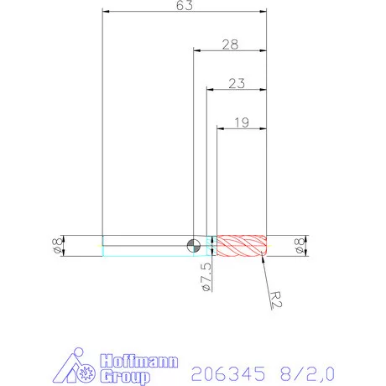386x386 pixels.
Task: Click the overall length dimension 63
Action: (x=185, y=6)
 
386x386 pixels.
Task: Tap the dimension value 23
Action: (x=237, y=83)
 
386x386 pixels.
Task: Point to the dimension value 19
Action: (x=242, y=123)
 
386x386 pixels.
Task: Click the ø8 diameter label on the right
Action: (x=299, y=245)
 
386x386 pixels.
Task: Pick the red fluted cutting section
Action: (x=242, y=245)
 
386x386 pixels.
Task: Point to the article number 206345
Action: (x=226, y=372)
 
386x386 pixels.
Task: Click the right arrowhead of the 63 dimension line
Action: (x=263, y=12)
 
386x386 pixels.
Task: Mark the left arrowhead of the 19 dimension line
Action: (x=220, y=128)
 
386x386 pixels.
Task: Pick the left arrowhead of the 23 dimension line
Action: (x=209, y=89)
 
